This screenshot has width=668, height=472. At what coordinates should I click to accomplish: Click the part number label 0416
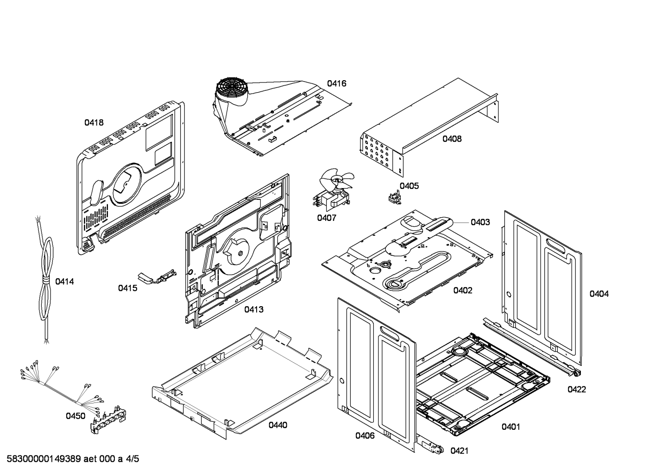(336, 84)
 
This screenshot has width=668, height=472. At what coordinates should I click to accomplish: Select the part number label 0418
(94, 123)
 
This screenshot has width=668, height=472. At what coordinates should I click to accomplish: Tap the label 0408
(452, 138)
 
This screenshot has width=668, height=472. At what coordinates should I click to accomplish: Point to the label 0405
(409, 186)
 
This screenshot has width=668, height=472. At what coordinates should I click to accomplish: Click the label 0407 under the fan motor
(327, 218)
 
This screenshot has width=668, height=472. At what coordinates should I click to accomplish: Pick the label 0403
(480, 222)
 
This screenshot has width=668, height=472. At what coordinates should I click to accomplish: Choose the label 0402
(463, 290)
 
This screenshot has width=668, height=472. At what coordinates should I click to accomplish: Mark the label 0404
(599, 294)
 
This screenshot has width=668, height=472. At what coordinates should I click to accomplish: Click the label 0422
(577, 390)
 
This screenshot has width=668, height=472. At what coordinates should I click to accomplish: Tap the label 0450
(76, 416)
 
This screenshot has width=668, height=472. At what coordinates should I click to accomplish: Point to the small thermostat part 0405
(393, 198)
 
